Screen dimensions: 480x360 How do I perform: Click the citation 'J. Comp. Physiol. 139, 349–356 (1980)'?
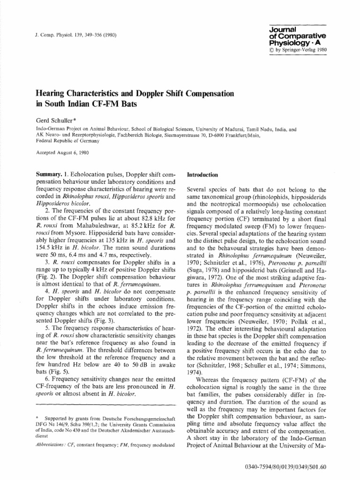(72, 35)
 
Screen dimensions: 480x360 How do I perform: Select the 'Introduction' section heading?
(203, 174)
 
